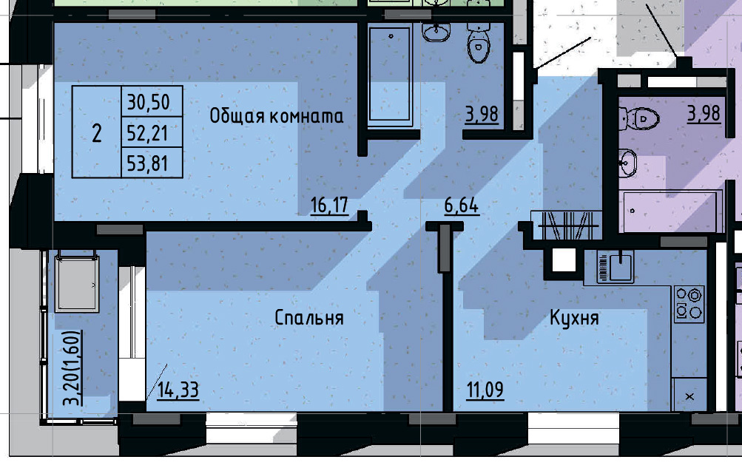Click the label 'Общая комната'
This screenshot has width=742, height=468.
coord(277,115)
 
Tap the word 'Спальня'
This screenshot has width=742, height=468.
coord(308,318)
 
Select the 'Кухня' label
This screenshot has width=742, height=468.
coord(573,318)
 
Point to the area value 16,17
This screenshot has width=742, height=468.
coord(329,205)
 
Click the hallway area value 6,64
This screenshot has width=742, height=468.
coord(461,205)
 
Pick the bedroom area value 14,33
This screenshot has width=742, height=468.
coord(178,389)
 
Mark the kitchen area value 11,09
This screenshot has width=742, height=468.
coord(485,389)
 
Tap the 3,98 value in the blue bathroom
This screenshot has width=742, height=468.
coord(482,114)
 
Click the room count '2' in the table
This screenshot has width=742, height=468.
coord(96,133)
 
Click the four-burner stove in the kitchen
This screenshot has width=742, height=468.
coord(689,305)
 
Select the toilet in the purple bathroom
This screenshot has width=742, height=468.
coord(641,117)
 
